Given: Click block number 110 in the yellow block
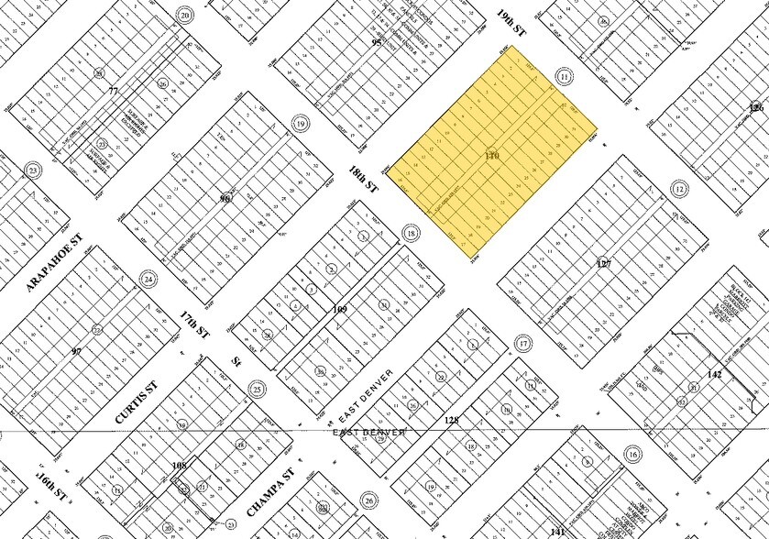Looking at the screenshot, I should click(492, 157).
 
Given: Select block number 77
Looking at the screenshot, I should click(113, 91).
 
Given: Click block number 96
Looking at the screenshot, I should click(225, 198).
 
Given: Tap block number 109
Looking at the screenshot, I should click(340, 309).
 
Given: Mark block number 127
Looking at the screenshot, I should click(603, 264).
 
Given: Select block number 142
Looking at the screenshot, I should click(716, 374).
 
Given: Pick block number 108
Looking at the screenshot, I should click(180, 467).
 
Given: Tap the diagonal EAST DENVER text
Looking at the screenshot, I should click(363, 391).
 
